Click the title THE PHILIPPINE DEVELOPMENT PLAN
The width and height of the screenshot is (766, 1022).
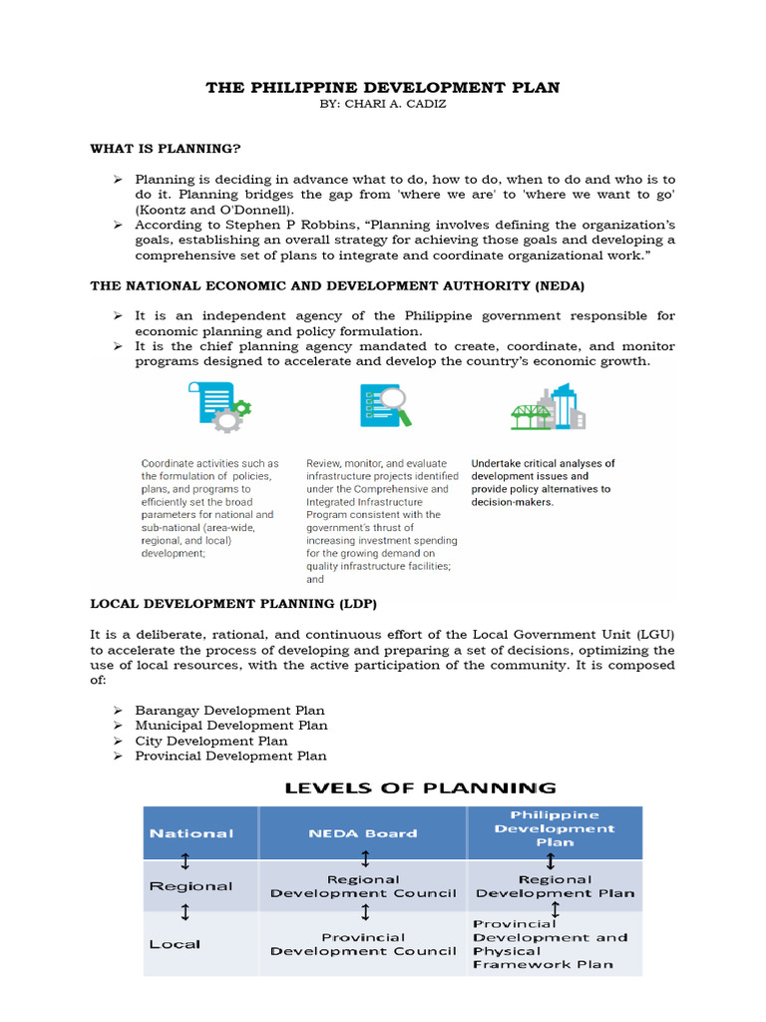click(x=382, y=88)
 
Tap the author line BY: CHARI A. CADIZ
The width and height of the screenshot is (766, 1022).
click(x=382, y=106)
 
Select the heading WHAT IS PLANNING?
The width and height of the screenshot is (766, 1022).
click(x=166, y=149)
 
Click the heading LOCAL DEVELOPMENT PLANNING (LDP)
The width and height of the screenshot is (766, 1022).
click(x=233, y=604)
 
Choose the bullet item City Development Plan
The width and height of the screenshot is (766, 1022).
click(x=211, y=741)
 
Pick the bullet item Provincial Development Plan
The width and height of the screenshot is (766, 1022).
click(x=230, y=756)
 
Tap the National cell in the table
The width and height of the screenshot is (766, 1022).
click(x=191, y=833)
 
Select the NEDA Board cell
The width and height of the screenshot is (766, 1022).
click(x=364, y=833)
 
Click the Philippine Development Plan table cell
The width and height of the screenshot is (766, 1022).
click(x=555, y=828)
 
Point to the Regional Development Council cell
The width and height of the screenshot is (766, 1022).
click(x=364, y=886)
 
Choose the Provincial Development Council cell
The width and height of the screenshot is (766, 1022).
click(x=364, y=944)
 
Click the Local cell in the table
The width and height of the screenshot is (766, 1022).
click(x=175, y=944)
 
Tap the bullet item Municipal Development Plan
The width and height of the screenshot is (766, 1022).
click(x=231, y=726)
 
